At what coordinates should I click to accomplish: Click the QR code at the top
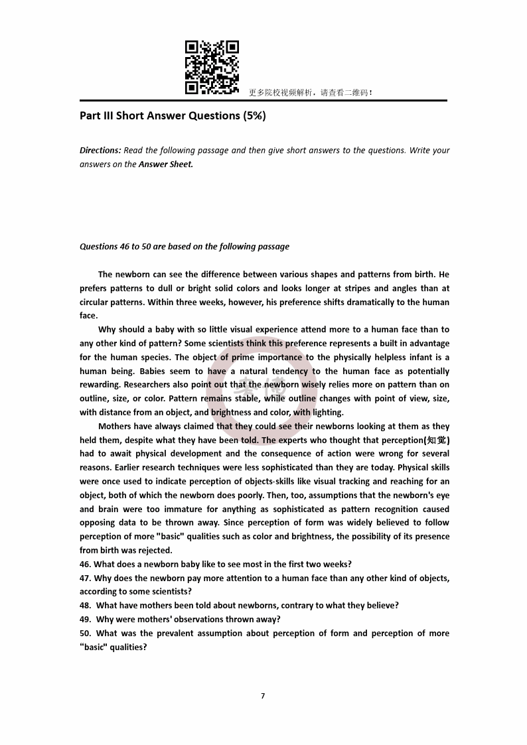point(212,67)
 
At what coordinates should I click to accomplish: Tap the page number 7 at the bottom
point(263,696)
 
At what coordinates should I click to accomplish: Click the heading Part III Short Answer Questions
point(173,115)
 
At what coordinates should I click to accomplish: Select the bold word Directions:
point(100,151)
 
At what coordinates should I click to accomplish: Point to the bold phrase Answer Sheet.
point(166,165)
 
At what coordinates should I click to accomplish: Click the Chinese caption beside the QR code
point(311,93)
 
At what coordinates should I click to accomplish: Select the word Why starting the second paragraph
point(108,330)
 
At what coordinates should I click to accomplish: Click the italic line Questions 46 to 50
point(185,247)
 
